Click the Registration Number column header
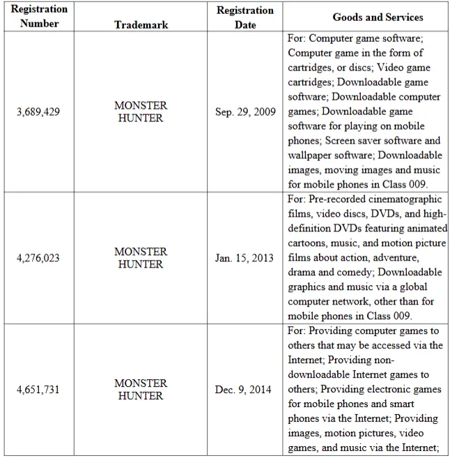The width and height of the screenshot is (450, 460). pyautogui.click(x=39, y=17)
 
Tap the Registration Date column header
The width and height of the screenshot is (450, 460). pyautogui.click(x=245, y=17)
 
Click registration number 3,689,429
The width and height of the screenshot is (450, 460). pyautogui.click(x=39, y=112)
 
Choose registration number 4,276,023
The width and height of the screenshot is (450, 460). pyautogui.click(x=39, y=258)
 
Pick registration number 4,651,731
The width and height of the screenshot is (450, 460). pyautogui.click(x=39, y=390)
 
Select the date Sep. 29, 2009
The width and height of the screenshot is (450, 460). pyautogui.click(x=245, y=112)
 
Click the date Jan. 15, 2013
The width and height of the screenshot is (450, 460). pyautogui.click(x=245, y=258)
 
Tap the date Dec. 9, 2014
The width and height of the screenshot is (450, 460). pyautogui.click(x=245, y=390)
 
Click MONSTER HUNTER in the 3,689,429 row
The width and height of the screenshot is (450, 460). pyautogui.click(x=141, y=112)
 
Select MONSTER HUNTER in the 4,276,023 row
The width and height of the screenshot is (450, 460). pyautogui.click(x=141, y=258)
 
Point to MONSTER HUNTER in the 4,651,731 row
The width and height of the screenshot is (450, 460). pyautogui.click(x=141, y=390)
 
